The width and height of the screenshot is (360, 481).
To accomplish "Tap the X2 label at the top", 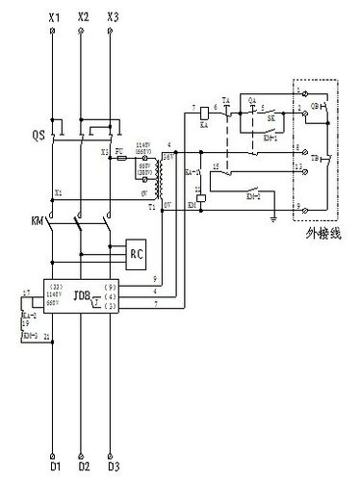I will tap(83, 17).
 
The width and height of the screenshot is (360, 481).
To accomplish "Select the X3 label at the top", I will tap(114, 17).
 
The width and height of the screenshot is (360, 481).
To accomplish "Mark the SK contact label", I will tap(271, 120).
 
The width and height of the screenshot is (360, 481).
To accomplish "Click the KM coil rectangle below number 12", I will tap(195, 205).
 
